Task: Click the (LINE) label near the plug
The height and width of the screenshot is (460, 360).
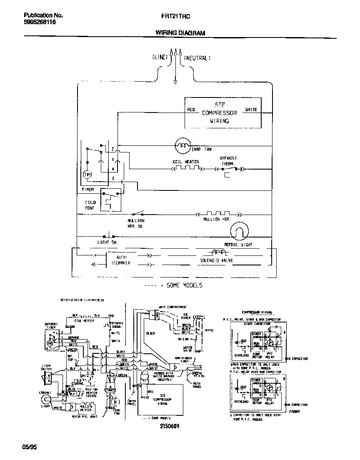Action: click(160, 57)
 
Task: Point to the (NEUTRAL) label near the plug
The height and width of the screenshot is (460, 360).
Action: click(197, 57)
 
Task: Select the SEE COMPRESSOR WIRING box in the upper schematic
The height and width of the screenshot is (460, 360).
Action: click(223, 112)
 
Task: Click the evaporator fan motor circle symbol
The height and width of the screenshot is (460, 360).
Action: click(182, 145)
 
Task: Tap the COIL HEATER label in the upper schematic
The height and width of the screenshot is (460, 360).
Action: click(186, 162)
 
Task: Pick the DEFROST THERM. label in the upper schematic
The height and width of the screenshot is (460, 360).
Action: click(228, 161)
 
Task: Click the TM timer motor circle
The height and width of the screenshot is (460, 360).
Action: click(87, 174)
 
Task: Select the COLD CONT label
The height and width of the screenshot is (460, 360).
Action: click(90, 205)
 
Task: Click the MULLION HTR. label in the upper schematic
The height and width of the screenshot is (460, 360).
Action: click(217, 219)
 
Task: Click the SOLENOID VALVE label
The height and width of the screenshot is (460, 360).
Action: click(216, 260)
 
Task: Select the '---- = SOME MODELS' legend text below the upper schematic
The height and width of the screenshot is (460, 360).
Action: click(173, 285)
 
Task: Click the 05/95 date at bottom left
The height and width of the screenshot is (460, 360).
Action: click(30, 447)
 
